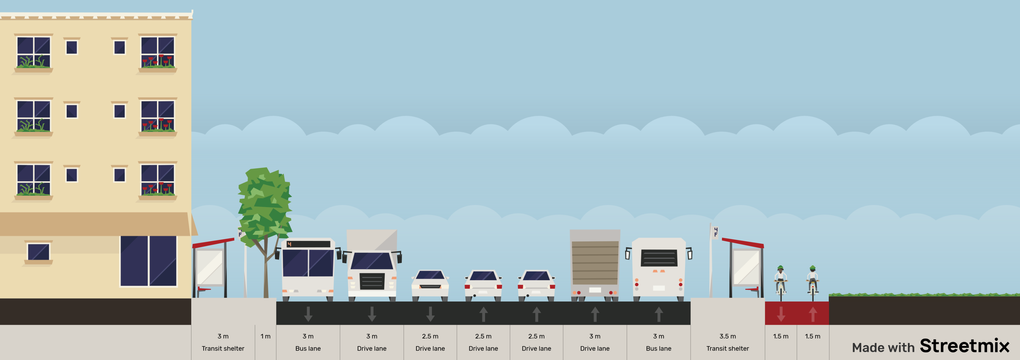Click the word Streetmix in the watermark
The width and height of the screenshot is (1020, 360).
click(964, 346)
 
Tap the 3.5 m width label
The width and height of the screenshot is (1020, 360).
click(727, 336)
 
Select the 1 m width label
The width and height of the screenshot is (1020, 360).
click(265, 336)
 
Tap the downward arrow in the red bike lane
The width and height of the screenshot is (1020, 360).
click(781, 314)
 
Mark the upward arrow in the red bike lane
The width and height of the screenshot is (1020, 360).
click(813, 314)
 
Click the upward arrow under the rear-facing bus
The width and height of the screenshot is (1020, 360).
click(658, 314)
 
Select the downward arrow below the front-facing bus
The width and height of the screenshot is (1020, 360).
click(308, 314)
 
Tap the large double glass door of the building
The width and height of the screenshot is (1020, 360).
click(149, 261)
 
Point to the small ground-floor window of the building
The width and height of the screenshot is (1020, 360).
click(38, 252)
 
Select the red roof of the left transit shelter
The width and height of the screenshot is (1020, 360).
click(213, 242)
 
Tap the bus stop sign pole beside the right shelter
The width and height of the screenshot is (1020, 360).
click(711, 261)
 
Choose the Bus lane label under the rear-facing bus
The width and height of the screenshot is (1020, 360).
click(658, 348)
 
